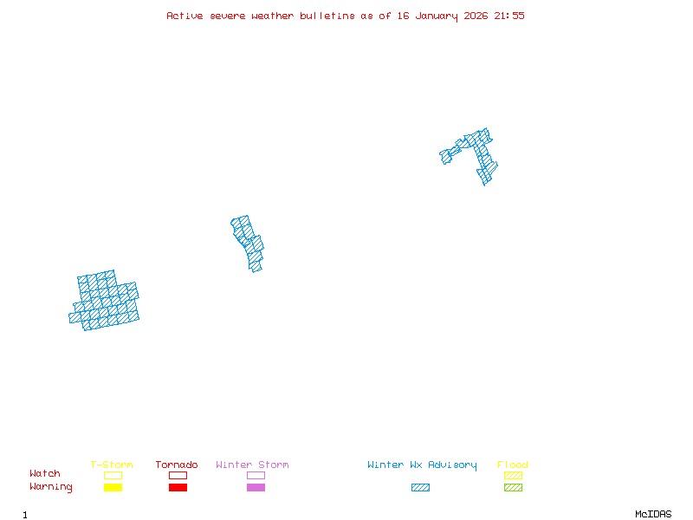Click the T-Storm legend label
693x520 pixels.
tap(112, 465)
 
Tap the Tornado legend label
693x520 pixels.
tap(177, 465)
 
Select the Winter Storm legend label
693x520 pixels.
tap(252, 465)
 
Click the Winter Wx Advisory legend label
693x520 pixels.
tap(422, 465)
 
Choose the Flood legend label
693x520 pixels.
tap(513, 465)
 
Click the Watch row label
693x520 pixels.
tap(45, 474)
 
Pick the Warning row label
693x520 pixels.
tap(51, 487)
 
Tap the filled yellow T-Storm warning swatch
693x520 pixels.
tap(113, 488)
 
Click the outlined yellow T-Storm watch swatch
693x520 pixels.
tap(113, 475)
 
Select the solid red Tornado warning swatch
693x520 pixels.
tap(178, 488)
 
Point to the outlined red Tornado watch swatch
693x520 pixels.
tap(178, 475)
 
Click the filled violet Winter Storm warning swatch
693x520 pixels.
tap(256, 488)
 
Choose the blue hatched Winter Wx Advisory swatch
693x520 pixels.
tap(420, 488)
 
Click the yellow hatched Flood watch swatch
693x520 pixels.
tap(513, 475)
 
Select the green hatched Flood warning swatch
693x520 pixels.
tap(513, 488)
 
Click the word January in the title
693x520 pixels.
tap(434, 16)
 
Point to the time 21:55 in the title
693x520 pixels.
tap(509, 16)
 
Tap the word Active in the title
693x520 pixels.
tap(185, 16)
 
